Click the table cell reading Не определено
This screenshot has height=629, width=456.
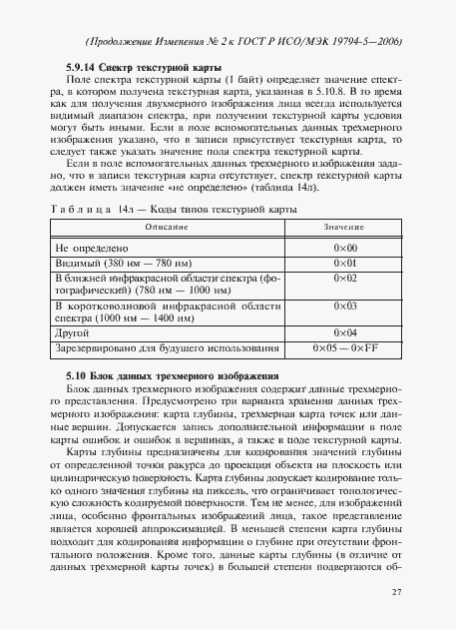click(x=90, y=247)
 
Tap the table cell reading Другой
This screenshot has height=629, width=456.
click(x=73, y=331)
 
